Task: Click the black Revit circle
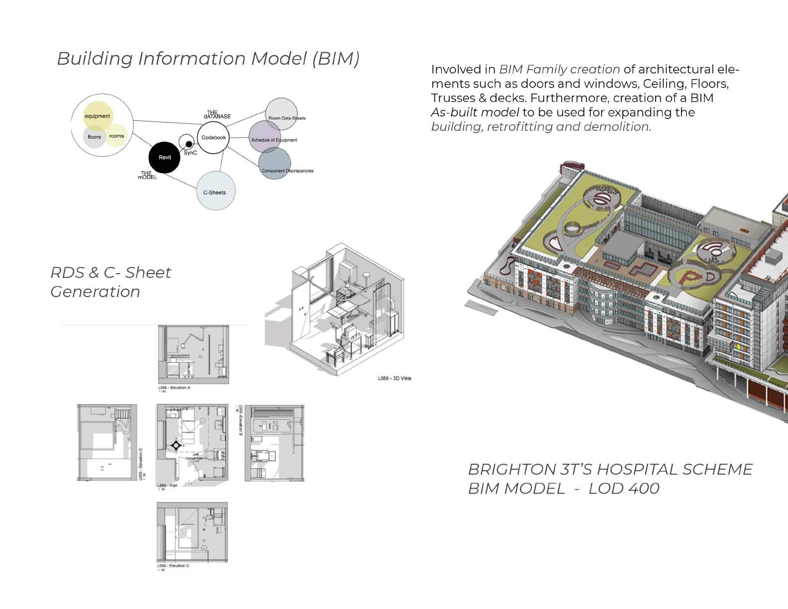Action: pos(165,157)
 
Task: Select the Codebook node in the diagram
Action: pos(213,138)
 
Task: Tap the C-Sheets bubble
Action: pos(215,192)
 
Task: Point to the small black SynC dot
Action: pos(189,144)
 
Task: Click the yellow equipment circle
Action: pos(98,116)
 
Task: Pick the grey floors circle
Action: pos(94,137)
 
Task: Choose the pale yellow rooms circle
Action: pos(116,136)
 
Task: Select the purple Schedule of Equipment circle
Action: pos(265,137)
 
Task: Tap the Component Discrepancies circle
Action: pos(275,163)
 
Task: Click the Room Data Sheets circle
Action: pos(282,114)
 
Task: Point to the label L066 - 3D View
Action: pos(394,379)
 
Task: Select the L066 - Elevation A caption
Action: pos(174,388)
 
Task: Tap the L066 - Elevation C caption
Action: pos(173,566)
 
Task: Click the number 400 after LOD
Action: pos(644,489)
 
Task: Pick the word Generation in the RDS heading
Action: pos(95,292)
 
